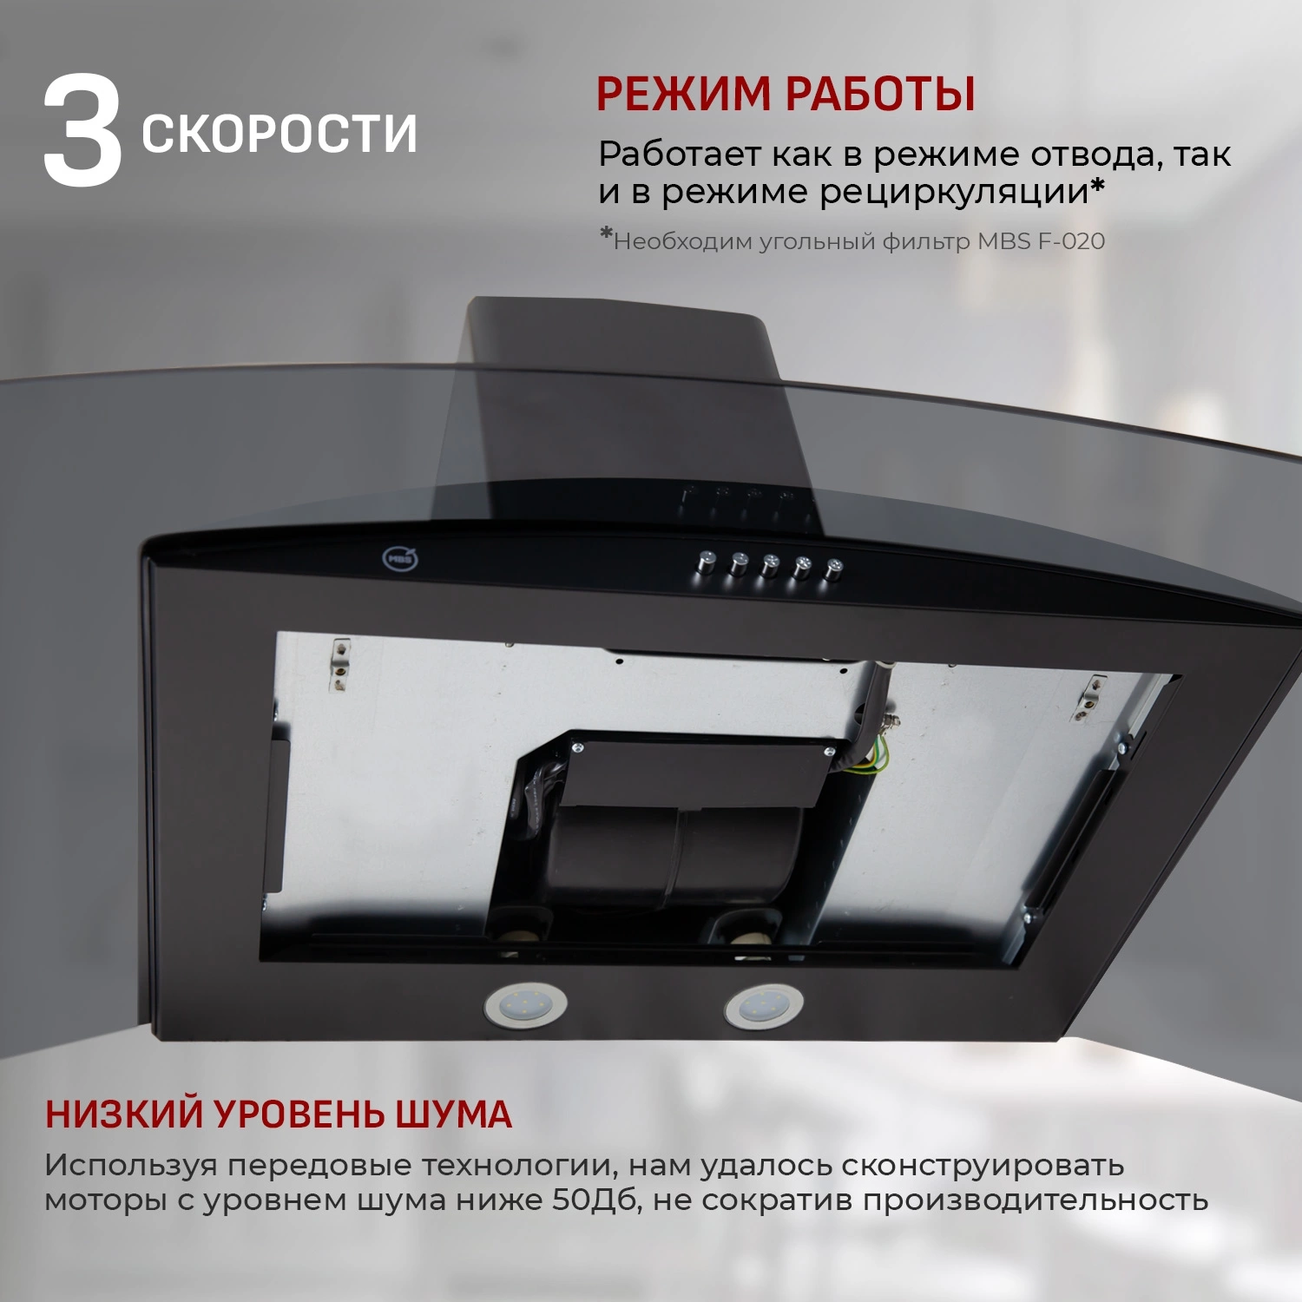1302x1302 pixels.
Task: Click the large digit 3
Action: [82, 132]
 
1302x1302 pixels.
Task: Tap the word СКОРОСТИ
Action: [279, 134]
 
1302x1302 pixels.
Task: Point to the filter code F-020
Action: [1071, 241]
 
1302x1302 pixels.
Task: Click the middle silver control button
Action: [770, 566]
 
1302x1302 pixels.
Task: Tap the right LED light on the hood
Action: [764, 1007]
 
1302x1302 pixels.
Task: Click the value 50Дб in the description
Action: [597, 1200]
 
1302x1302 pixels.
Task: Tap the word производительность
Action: [1035, 1200]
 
